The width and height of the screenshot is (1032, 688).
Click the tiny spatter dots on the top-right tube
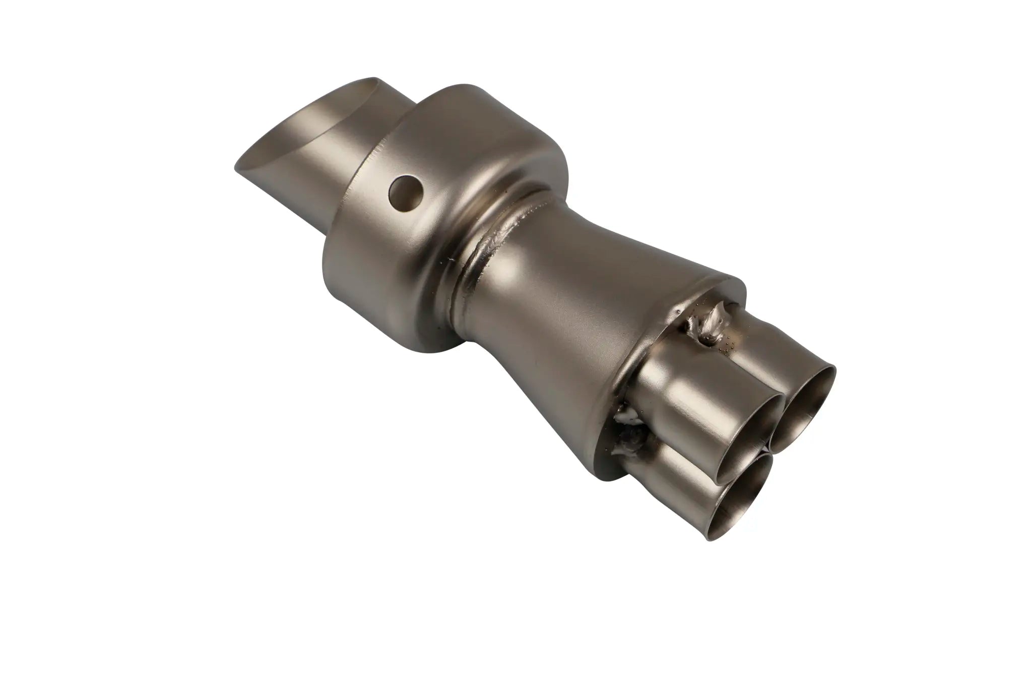[728, 343]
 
